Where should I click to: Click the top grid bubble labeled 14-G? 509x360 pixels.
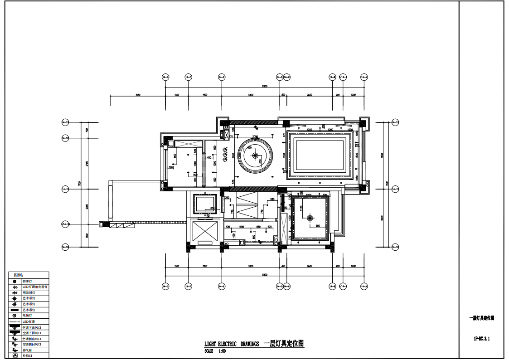[x=165, y=78]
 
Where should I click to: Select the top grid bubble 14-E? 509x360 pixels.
[x=222, y=78]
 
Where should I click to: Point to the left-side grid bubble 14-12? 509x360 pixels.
[x=65, y=138]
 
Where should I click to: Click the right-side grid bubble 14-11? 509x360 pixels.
[x=395, y=189]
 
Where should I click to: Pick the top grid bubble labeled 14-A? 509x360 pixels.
[x=364, y=78]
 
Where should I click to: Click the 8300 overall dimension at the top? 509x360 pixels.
[x=265, y=86]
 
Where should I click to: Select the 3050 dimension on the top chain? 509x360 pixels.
[x=138, y=95]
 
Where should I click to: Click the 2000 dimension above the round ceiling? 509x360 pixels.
[x=255, y=136]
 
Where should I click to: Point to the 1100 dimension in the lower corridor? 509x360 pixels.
[x=241, y=227]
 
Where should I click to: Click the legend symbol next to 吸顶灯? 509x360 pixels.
[x=15, y=316]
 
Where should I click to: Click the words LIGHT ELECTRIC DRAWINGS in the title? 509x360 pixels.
[x=231, y=344]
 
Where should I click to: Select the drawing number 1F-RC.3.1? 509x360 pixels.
[x=481, y=338]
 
